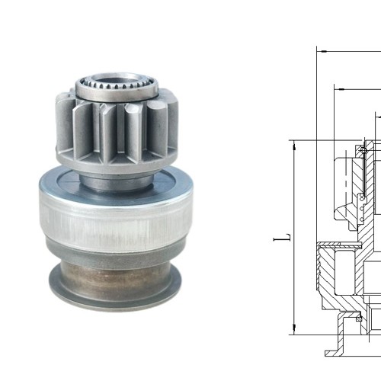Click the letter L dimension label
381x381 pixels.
283,238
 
